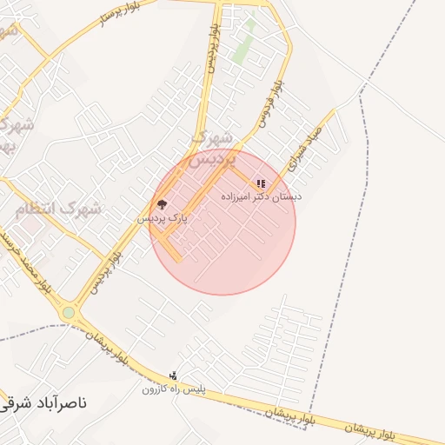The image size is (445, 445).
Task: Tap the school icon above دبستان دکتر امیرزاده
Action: click(261, 183)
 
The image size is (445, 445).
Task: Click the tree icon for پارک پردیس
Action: click(162, 205)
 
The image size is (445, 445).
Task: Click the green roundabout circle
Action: click(69, 312)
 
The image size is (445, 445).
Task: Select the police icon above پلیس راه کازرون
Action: click(175, 375)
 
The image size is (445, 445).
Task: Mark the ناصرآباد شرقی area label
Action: click(43, 403)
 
